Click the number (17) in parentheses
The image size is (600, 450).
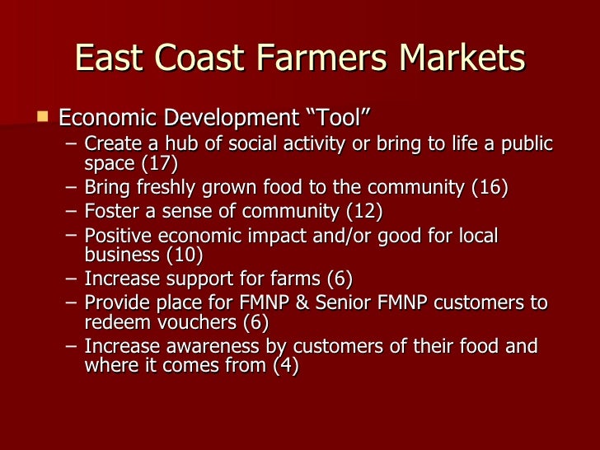pyautogui.click(x=160, y=162)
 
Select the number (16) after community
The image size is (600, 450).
pyautogui.click(x=490, y=188)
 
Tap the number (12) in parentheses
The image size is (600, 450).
pyautogui.click(x=364, y=213)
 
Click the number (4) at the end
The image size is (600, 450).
pyautogui.click(x=285, y=364)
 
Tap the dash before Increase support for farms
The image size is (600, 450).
pyautogui.click(x=72, y=277)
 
